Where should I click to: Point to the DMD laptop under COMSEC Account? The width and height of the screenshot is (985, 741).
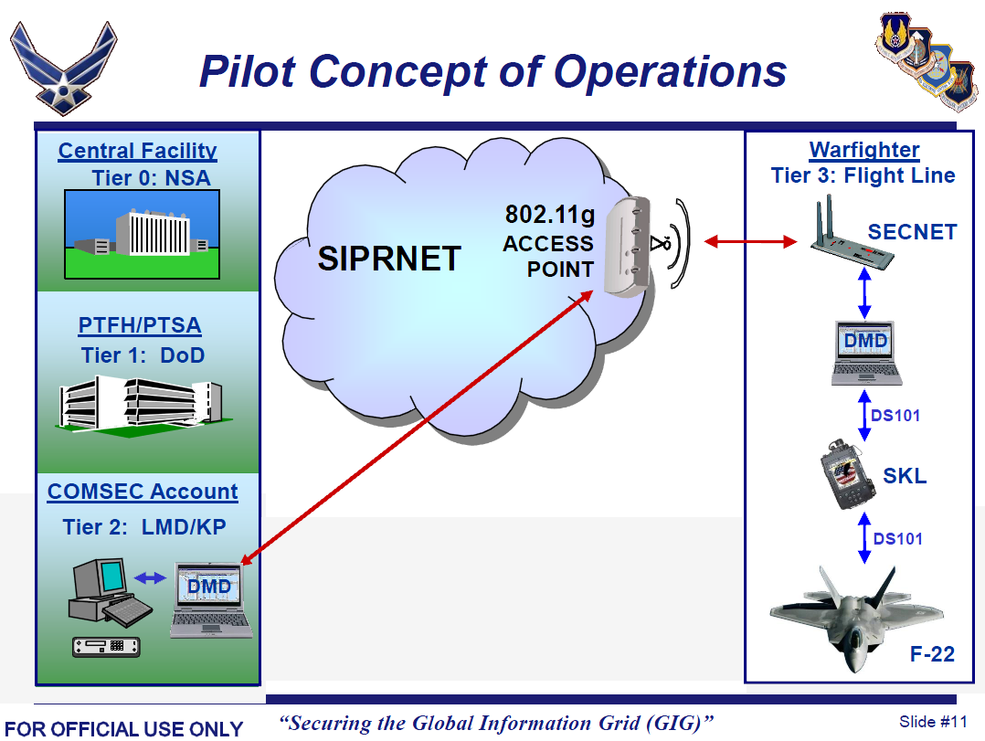(x=211, y=599)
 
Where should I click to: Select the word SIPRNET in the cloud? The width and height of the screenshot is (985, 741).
(x=389, y=259)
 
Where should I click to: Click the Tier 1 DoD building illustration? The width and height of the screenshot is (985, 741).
(x=142, y=403)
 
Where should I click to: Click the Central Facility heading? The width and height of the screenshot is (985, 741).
(x=138, y=151)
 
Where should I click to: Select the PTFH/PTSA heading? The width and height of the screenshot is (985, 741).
(x=140, y=325)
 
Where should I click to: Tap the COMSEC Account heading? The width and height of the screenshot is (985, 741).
(x=143, y=492)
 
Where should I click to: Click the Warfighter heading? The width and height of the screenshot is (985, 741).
(x=863, y=150)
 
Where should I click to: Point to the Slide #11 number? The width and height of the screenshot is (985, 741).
(x=933, y=721)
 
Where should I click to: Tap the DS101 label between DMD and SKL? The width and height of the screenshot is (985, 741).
(x=895, y=416)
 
